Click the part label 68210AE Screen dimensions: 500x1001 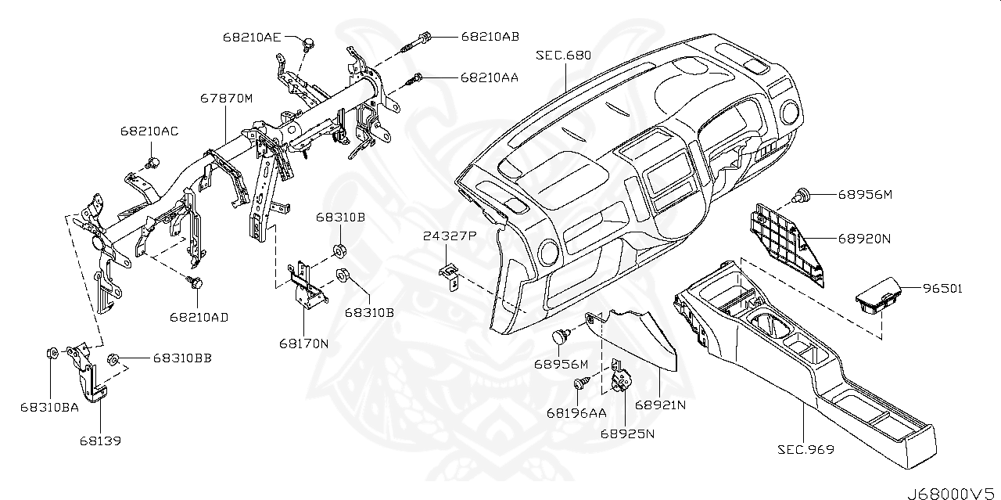[x=252, y=37]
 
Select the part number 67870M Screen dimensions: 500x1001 [x=227, y=99]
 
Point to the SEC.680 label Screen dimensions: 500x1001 [x=563, y=56]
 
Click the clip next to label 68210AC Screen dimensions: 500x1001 [x=153, y=162]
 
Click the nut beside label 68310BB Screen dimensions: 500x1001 [x=112, y=359]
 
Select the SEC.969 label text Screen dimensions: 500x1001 [x=805, y=450]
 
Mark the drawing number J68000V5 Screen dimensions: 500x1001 [x=952, y=492]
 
